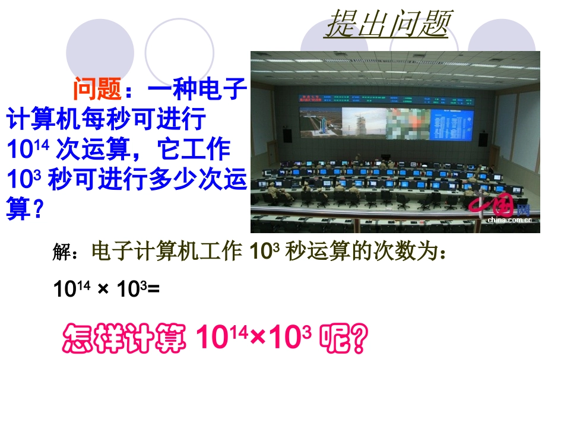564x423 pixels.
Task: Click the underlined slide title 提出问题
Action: (386, 25)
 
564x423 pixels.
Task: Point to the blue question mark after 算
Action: (37, 210)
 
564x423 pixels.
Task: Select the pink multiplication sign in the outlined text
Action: (257, 339)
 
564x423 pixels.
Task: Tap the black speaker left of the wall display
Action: (287, 135)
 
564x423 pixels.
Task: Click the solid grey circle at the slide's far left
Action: (96, 49)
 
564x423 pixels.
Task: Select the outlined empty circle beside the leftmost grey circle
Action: (179, 47)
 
